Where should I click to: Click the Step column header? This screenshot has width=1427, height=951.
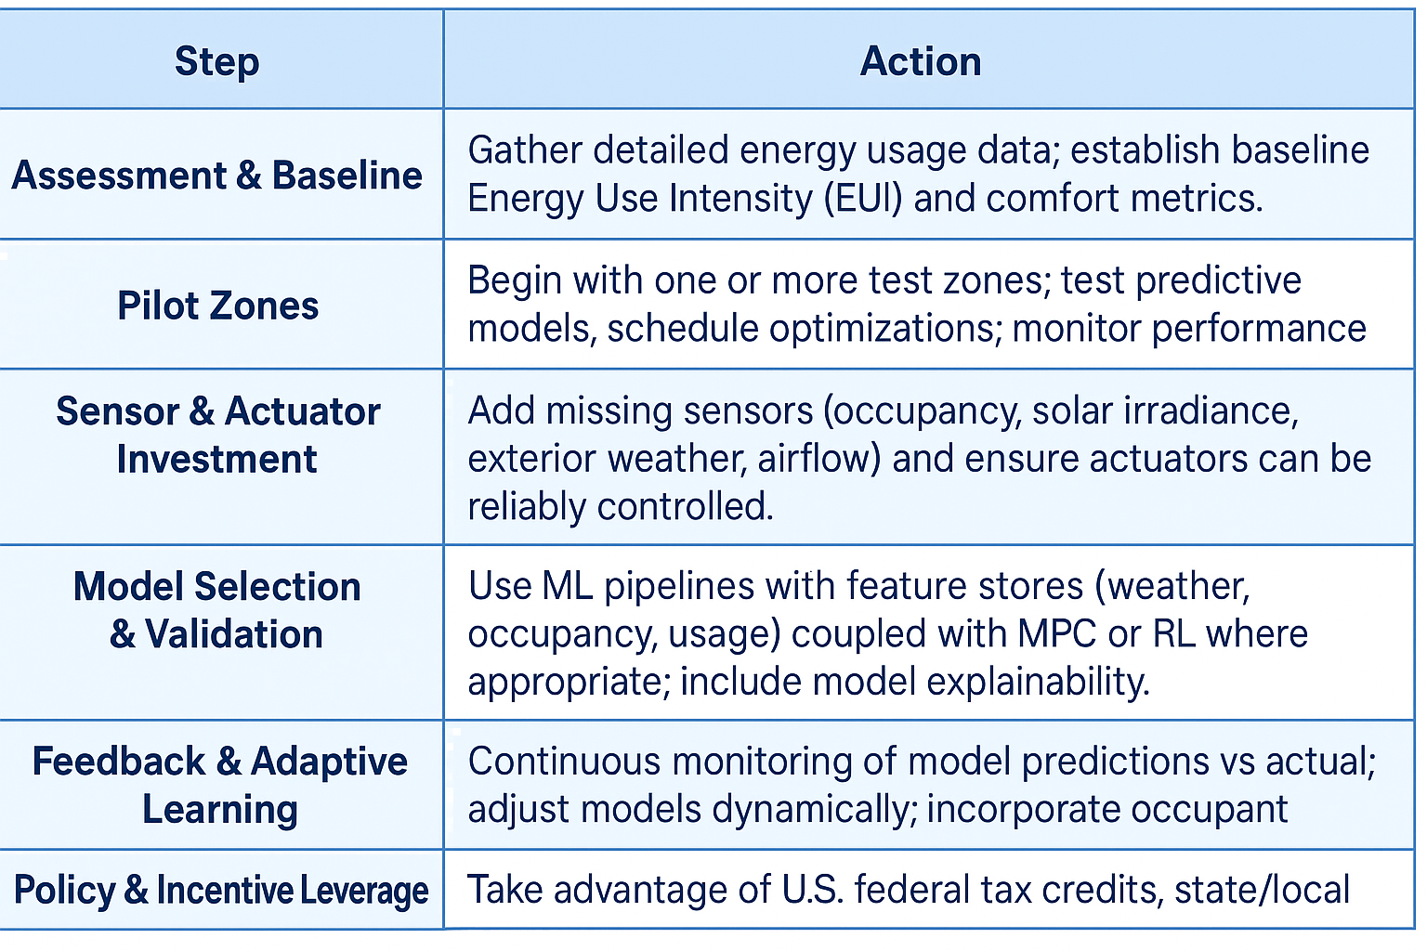(217, 62)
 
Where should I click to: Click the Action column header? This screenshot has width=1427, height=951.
(921, 62)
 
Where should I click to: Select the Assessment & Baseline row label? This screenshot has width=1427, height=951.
(217, 175)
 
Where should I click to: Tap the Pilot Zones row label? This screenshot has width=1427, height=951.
(218, 306)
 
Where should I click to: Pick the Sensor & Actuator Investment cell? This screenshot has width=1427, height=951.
(218, 435)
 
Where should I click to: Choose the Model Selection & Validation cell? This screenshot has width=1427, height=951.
(217, 610)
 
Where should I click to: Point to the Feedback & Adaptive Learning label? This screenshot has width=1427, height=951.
(220, 786)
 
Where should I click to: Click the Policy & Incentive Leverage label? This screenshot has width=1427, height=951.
(221, 890)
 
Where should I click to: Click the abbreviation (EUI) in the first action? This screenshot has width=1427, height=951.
(863, 198)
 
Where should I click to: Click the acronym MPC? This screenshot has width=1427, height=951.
(1057, 633)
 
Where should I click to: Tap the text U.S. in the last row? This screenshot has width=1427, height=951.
(813, 890)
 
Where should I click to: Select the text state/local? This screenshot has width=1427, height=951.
(1262, 890)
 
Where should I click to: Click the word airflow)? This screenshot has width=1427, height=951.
(820, 459)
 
